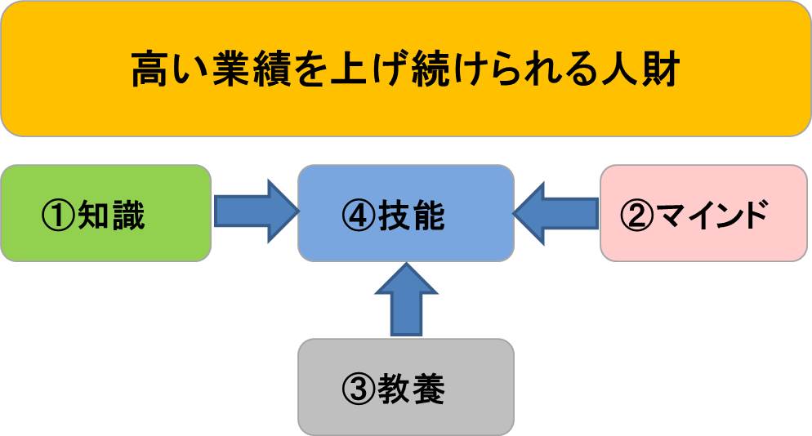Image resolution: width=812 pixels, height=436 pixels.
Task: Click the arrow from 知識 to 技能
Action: pyautogui.click(x=254, y=213)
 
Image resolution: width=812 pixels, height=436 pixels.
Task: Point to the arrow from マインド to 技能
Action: pyautogui.click(x=556, y=214)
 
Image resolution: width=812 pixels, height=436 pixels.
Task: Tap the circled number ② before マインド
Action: pyautogui.click(x=638, y=216)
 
